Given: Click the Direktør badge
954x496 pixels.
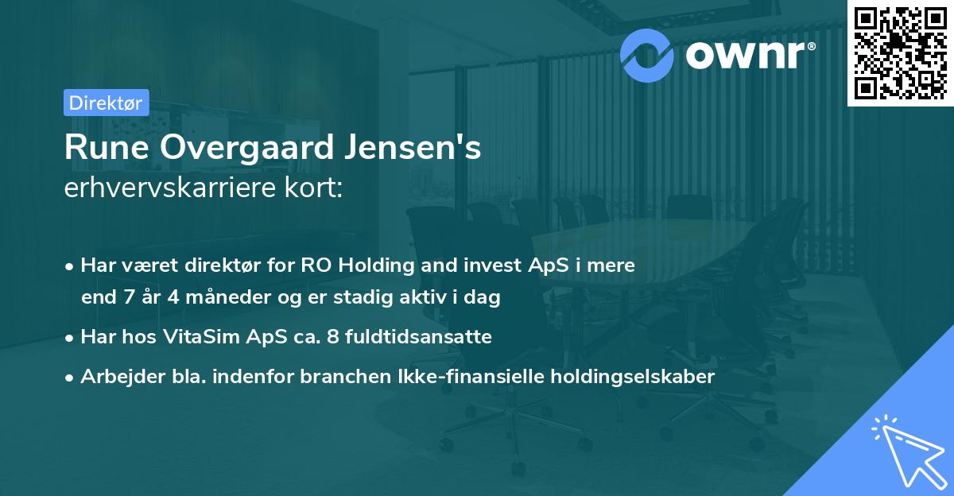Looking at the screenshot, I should pyautogui.click(x=106, y=103).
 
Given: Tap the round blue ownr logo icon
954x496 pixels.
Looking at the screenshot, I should pyautogui.click(x=646, y=55).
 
